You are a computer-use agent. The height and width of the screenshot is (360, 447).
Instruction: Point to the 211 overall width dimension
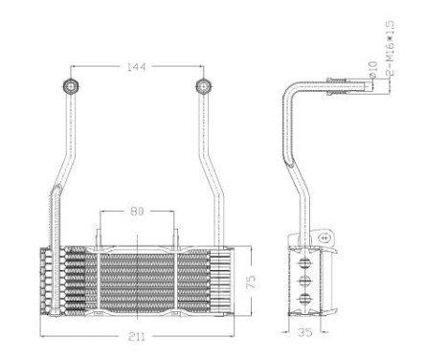pos(136,335)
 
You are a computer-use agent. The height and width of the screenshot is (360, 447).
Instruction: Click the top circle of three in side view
pos(306,259)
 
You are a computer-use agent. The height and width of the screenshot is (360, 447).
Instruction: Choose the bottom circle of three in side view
pos(306,300)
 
